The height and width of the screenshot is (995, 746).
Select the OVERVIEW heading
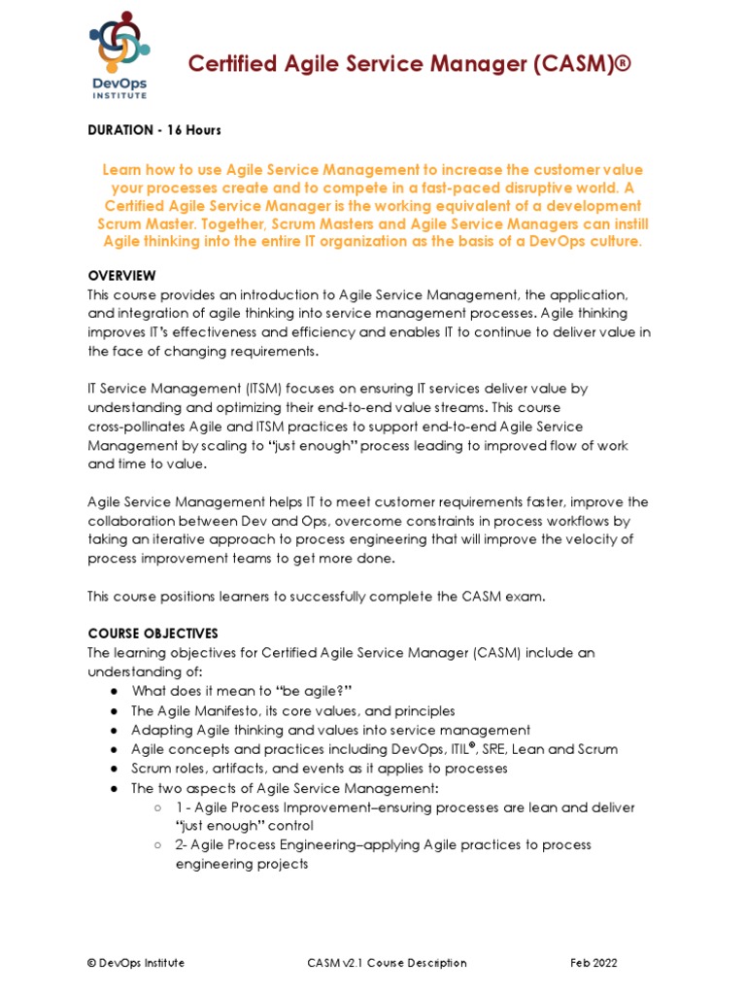tap(121, 275)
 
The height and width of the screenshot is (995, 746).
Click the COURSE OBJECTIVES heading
tap(153, 634)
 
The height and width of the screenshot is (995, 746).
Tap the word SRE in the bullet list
tap(510, 749)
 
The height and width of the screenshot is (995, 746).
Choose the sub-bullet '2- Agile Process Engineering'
tap(383, 845)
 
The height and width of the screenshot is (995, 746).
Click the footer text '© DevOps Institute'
tap(136, 963)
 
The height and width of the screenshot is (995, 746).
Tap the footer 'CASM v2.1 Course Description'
tap(386, 963)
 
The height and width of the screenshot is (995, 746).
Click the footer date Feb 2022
tap(593, 963)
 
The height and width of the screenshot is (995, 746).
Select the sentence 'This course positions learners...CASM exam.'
tap(317, 597)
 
